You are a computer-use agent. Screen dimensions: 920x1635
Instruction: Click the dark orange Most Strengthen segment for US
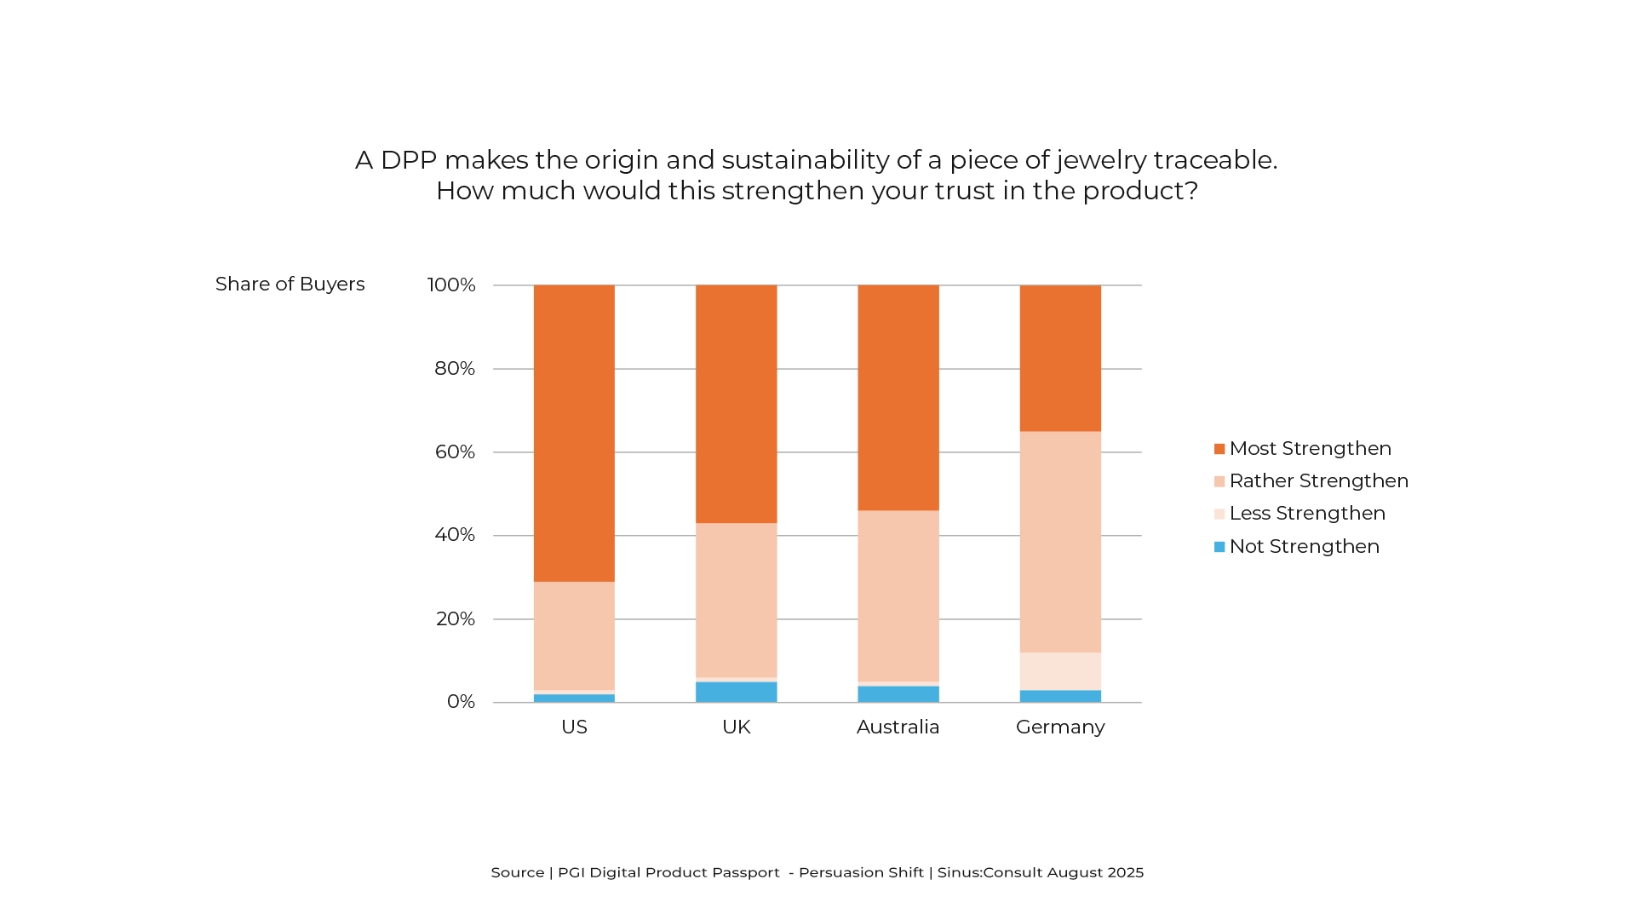(574, 433)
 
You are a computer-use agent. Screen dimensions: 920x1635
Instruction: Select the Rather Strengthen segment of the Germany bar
(1060, 542)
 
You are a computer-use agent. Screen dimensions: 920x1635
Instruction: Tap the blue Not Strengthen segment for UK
(737, 692)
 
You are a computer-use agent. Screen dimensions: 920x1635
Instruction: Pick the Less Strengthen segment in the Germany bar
(1060, 671)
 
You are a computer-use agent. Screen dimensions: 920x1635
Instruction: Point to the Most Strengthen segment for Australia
(898, 398)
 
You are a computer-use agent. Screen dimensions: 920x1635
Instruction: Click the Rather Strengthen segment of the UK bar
(737, 600)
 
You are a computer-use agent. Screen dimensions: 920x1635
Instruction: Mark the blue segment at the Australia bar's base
(898, 694)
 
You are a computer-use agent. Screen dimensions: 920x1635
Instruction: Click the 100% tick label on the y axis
(451, 285)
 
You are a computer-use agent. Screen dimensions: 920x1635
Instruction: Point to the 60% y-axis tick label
(455, 452)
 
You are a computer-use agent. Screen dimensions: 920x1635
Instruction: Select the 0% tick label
(461, 702)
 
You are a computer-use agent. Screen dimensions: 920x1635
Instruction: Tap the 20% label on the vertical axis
(456, 619)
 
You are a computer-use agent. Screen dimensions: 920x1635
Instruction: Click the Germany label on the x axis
(1060, 727)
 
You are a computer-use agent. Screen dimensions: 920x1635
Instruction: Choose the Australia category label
(898, 727)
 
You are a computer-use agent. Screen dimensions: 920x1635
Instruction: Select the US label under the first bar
(574, 727)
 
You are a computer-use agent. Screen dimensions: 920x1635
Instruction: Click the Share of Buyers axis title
(290, 285)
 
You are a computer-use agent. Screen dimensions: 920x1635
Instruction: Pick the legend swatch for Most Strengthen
(1219, 449)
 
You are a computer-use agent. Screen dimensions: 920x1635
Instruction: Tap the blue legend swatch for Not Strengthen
(1219, 547)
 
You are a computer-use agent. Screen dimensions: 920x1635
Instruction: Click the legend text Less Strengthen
(1307, 514)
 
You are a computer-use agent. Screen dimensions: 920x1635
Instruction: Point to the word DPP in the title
(409, 160)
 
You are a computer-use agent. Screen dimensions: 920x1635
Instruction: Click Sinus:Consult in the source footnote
(990, 872)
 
